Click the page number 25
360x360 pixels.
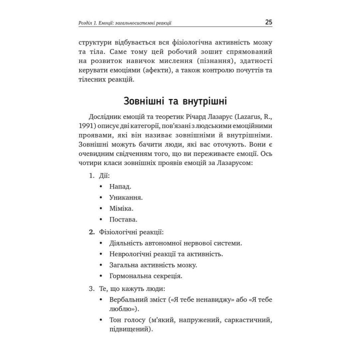[268, 22]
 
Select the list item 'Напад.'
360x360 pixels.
[120, 186]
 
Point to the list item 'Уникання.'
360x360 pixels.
[125, 197]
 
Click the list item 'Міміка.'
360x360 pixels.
[121, 208]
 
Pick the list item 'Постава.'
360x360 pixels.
[123, 219]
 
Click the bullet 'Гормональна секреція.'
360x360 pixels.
[145, 275]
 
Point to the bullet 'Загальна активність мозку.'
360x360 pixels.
[153, 264]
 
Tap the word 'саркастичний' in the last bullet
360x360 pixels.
[248, 319]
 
